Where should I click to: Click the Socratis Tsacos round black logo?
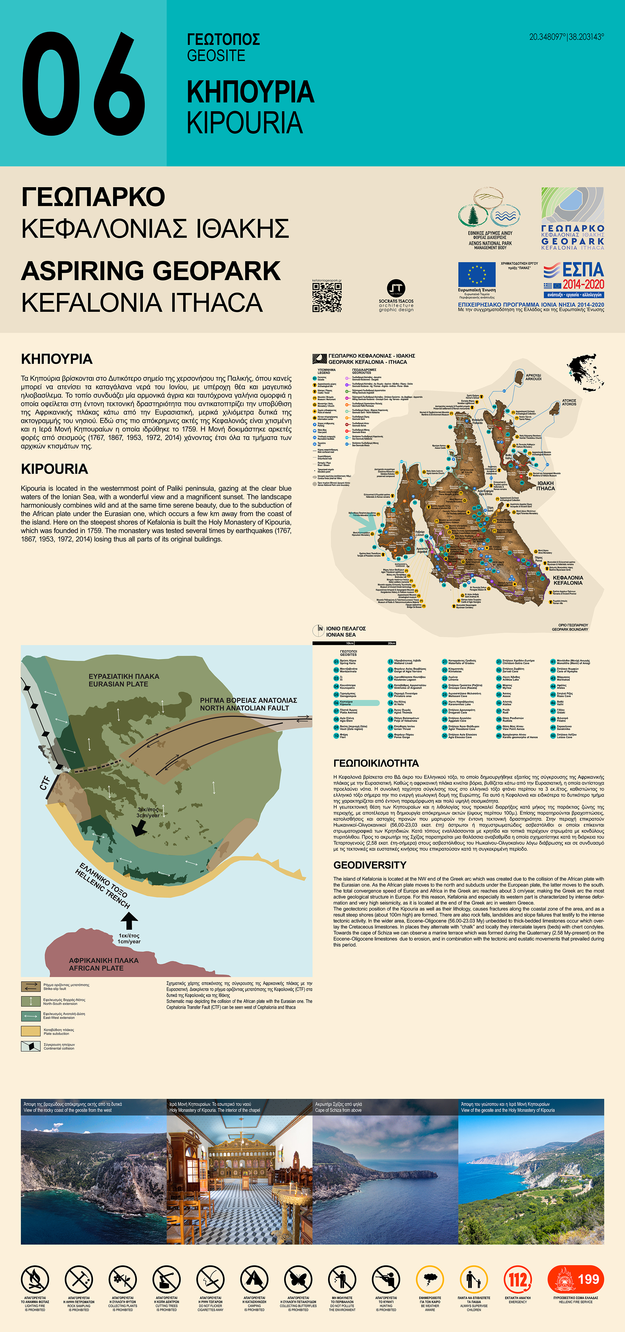(x=396, y=288)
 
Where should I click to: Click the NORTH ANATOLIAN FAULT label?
(x=248, y=704)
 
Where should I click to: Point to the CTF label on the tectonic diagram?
(x=45, y=783)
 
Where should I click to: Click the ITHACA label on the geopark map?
(x=545, y=486)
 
